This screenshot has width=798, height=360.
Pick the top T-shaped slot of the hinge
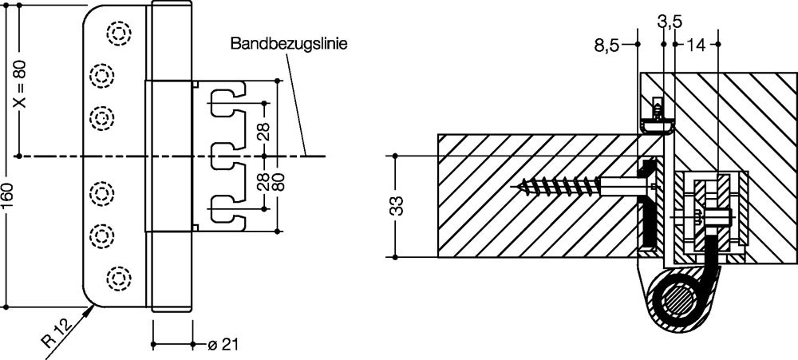coord(225,102)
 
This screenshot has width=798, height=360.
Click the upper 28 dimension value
coord(263,128)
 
